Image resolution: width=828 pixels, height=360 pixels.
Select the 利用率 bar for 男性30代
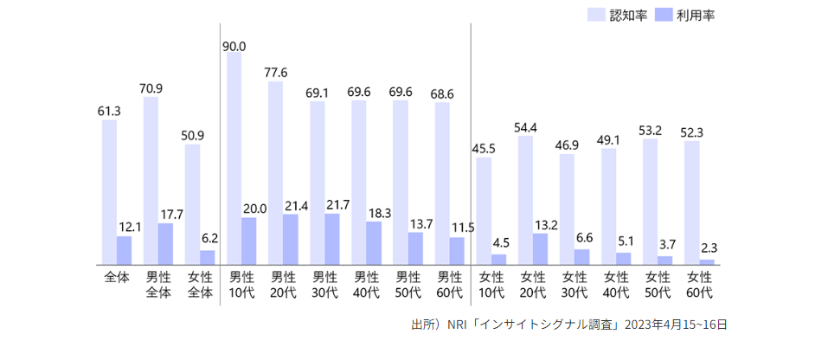(332, 239)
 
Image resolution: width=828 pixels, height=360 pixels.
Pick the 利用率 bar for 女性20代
(540, 248)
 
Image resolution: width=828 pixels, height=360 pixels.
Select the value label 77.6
(275, 73)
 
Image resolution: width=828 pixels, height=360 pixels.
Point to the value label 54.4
(525, 126)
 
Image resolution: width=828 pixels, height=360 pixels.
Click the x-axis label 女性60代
(699, 285)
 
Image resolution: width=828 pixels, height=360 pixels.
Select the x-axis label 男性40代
(367, 285)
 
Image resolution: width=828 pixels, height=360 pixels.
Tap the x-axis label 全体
(117, 278)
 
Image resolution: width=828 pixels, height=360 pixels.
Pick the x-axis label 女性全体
(200, 285)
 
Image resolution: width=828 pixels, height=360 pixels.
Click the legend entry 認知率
(618, 15)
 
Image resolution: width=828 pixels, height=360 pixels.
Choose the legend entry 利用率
(686, 15)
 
